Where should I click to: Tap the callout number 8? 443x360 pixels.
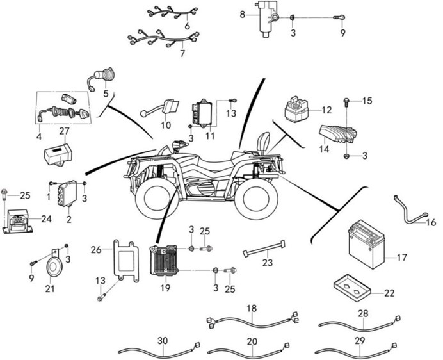coord(243,14)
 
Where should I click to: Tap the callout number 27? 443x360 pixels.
coord(64,132)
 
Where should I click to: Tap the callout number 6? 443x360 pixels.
coord(187,26)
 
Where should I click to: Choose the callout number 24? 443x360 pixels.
coord(46,218)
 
